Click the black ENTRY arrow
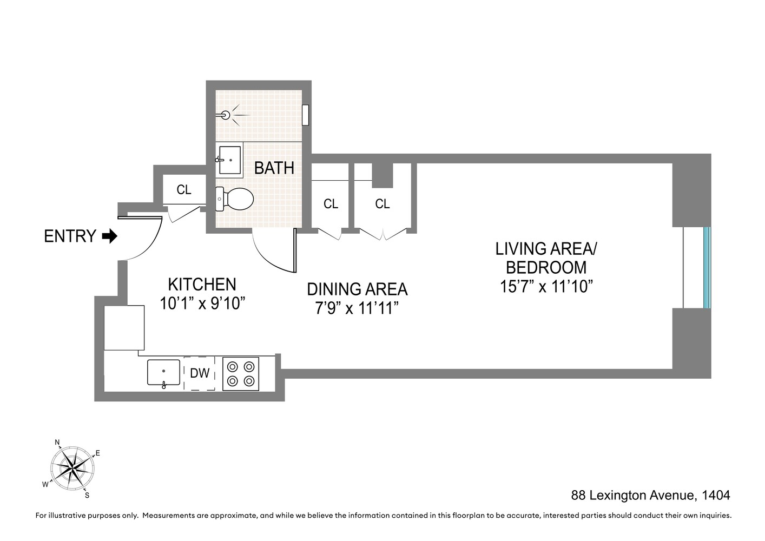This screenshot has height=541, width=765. (x=110, y=236)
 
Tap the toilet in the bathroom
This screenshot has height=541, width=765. (x=235, y=199)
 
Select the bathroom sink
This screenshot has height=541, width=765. (x=230, y=160)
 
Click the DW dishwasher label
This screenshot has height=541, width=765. (x=200, y=373)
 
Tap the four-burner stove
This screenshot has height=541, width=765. (x=241, y=374)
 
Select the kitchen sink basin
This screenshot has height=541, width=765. (x=163, y=372)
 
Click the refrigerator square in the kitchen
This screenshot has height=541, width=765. (x=124, y=327)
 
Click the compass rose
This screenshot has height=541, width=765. (x=72, y=469)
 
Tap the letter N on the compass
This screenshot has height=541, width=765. (x=57, y=443)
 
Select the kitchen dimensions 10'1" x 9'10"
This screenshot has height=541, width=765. (x=202, y=303)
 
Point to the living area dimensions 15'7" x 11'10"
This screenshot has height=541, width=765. (x=546, y=286)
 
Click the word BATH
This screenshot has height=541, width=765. (x=274, y=168)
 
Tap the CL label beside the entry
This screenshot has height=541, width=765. (x=184, y=189)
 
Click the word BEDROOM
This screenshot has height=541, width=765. (x=546, y=267)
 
